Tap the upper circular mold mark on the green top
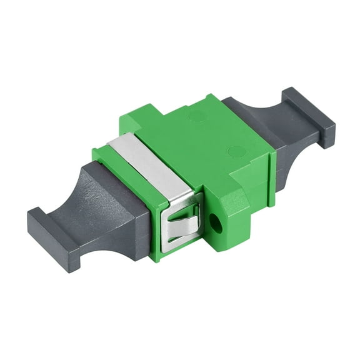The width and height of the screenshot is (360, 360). pos(197,116)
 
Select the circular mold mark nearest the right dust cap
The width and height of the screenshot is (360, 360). pos(236,151)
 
